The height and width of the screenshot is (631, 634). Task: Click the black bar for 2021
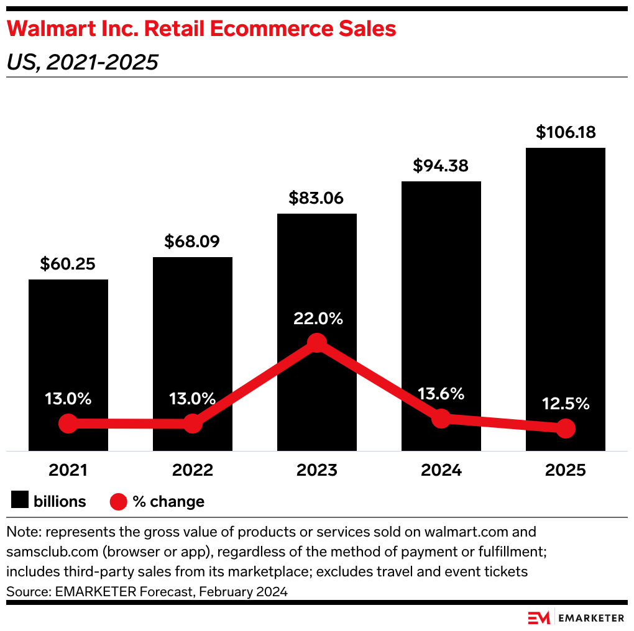coord(68,348)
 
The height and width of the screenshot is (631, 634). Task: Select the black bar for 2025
coord(565,279)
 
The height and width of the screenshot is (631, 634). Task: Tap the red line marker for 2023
coord(317,343)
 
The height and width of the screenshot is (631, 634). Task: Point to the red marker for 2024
coord(441,419)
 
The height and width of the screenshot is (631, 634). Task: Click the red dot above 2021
coord(68,424)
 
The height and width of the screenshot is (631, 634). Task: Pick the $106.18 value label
coord(566,132)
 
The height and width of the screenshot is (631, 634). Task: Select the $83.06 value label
coord(317,198)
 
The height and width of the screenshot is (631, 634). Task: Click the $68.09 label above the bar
coord(192,242)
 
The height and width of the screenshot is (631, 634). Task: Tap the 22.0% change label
coord(317,319)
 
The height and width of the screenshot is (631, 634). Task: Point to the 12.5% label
coord(565,404)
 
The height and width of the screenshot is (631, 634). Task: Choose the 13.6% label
coord(441,394)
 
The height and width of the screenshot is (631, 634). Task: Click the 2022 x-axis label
coord(192,470)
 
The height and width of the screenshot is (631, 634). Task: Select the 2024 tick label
coord(441,470)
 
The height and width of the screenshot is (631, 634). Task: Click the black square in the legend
coord(20,501)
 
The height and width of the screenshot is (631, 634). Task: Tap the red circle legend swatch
coord(118,501)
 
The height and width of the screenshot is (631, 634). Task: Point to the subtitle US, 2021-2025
coord(81,62)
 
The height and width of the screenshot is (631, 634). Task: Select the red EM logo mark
coord(538,618)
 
